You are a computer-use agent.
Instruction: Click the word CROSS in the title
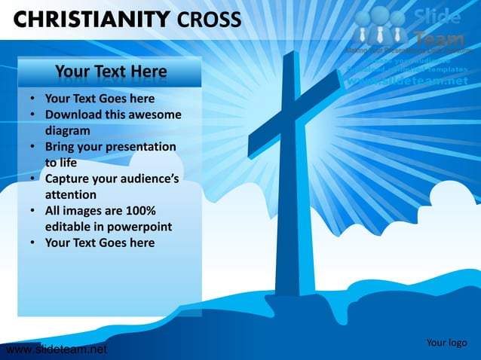click(x=210, y=18)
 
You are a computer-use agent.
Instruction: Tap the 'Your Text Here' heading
click(x=111, y=72)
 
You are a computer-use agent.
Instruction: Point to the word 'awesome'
click(x=156, y=114)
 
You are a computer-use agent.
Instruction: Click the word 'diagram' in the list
click(x=68, y=130)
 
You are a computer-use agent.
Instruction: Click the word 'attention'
click(x=70, y=194)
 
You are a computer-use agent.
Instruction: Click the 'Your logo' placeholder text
click(x=446, y=343)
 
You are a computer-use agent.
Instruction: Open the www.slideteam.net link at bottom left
click(x=54, y=349)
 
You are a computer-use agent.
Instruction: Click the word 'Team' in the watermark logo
click(x=437, y=35)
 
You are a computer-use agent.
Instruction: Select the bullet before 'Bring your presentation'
click(x=33, y=147)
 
